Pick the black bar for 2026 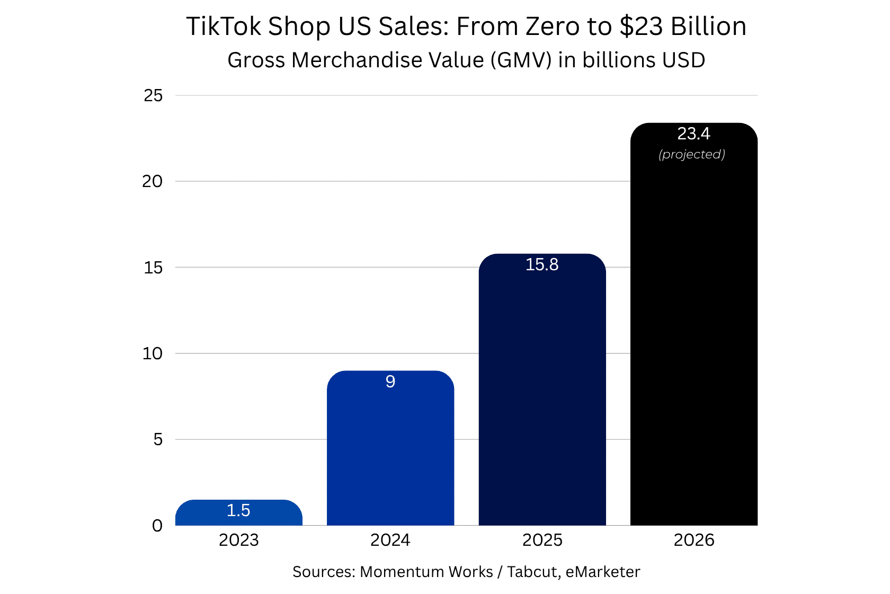693,344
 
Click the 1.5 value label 238,510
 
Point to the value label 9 390,382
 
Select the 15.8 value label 542,264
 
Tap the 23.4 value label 693,134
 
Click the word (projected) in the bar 692,154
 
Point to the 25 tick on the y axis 153,95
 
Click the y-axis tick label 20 152,181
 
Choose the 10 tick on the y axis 152,353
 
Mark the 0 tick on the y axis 157,526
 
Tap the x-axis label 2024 390,540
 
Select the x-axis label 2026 693,540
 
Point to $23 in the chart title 640,26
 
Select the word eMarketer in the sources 603,572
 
